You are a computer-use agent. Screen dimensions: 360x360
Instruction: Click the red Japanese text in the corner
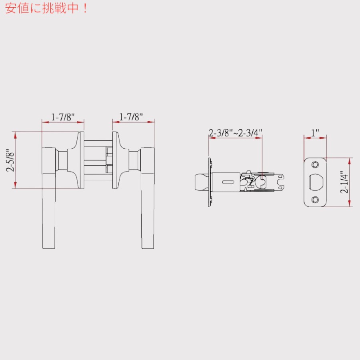tap(46, 8)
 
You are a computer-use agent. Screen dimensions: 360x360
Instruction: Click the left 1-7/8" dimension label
tap(63, 117)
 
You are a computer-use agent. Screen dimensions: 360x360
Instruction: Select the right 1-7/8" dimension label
tap(131, 117)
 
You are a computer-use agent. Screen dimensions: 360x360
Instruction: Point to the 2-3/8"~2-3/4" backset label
tap(235, 133)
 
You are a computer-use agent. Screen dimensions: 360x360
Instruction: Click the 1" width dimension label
tap(315, 133)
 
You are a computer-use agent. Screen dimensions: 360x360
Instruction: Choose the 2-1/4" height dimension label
tap(344, 182)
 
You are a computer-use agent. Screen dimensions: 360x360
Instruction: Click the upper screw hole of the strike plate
tap(315, 165)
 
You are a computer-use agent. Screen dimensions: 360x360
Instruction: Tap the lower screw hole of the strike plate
tap(315, 200)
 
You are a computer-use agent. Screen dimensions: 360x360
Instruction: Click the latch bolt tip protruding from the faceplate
tap(202, 182)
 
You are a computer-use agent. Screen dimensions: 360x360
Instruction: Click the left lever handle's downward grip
tap(49, 211)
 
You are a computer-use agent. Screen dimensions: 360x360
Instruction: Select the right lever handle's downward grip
tap(148, 211)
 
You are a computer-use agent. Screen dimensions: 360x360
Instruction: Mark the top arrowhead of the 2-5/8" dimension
tap(15, 136)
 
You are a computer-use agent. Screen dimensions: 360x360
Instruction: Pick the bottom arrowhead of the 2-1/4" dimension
tap(350, 203)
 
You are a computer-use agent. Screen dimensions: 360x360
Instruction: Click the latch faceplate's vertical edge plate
tap(210, 182)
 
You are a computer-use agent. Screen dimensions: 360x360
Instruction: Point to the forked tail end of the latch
tap(280, 182)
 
